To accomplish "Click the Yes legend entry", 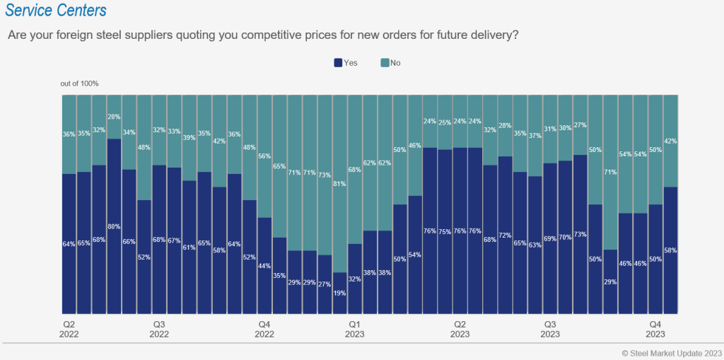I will tap(346, 63).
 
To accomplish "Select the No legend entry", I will tap(390, 63).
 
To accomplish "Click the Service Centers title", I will tap(56, 11).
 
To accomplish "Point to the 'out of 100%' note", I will tap(79, 83).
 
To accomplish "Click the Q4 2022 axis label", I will tap(264, 328).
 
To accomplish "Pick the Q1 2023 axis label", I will tap(354, 328).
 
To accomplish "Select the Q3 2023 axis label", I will tap(549, 328).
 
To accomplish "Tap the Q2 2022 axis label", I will tap(69, 328).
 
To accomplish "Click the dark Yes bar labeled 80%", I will tap(114, 226).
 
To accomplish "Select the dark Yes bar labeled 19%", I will tap(339, 293).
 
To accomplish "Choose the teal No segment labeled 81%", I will tap(339, 184).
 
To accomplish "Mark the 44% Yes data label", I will tap(264, 265).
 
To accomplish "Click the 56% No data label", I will tap(264, 157).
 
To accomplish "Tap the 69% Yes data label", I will tap(549, 239).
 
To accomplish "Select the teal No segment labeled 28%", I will tap(505, 125).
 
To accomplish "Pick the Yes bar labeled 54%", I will tap(415, 255).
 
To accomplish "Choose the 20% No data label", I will tap(114, 117).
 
